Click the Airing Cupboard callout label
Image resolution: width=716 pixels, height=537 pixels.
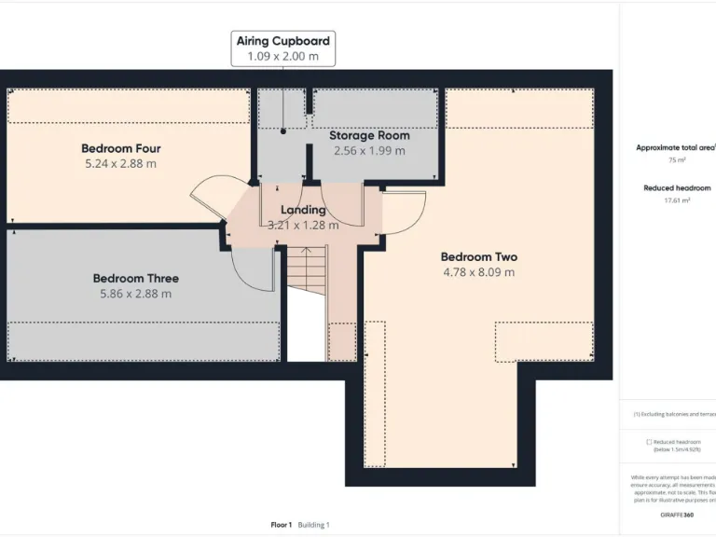point(282,41)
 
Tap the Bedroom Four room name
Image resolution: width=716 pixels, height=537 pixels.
point(121,148)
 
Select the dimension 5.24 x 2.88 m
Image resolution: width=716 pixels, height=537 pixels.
point(121,164)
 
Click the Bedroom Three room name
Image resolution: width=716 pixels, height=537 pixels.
point(135,278)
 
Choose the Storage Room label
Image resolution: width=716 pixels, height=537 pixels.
point(369,135)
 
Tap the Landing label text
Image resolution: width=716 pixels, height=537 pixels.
point(303,210)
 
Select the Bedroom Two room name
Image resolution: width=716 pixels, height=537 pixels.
point(478,256)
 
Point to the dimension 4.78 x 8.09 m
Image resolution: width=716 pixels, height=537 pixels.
point(479,272)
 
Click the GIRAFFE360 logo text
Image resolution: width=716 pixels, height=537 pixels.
point(676,515)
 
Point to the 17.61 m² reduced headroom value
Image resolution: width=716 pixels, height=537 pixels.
point(676,200)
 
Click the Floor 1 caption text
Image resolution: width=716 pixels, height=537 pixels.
point(281,525)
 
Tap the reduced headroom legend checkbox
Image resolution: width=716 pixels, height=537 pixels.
point(649,442)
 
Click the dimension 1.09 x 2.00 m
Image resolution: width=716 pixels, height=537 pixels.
point(282,57)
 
